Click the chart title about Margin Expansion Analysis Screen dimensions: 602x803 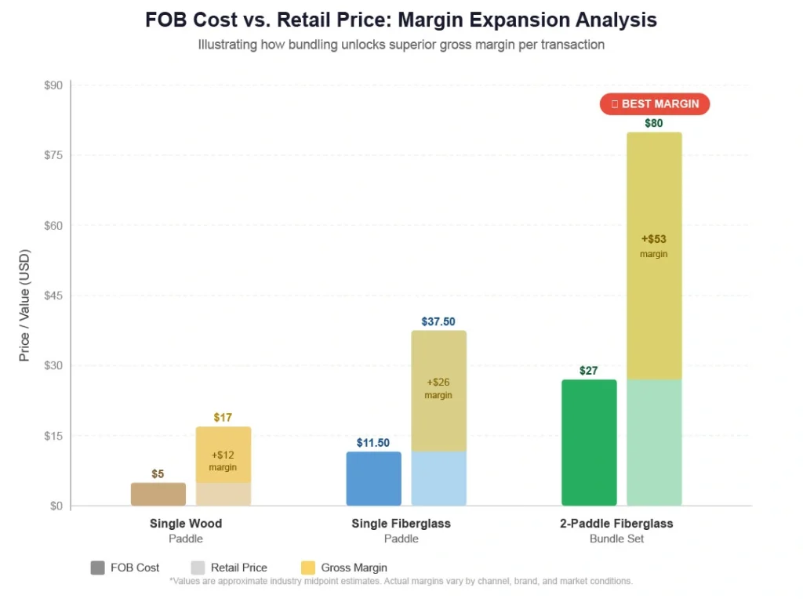click(401, 20)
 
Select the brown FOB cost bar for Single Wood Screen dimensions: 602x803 click(158, 494)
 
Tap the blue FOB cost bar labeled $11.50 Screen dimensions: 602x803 click(374, 478)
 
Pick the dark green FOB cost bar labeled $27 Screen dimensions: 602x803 click(589, 442)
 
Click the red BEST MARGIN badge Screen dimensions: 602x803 click(655, 104)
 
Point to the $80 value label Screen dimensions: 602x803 click(654, 123)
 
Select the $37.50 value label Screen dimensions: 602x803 click(438, 321)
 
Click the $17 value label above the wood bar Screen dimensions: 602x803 click(223, 418)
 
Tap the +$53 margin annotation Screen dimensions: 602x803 click(654, 239)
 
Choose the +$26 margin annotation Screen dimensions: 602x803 click(438, 383)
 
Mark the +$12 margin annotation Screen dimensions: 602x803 click(223, 455)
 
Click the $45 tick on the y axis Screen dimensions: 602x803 click(53, 296)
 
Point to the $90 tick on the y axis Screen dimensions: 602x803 click(53, 85)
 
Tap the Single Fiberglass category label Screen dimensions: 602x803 click(401, 524)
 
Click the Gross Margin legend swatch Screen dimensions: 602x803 click(307, 568)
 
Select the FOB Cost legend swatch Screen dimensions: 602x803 click(98, 568)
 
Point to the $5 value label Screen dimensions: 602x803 click(158, 474)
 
